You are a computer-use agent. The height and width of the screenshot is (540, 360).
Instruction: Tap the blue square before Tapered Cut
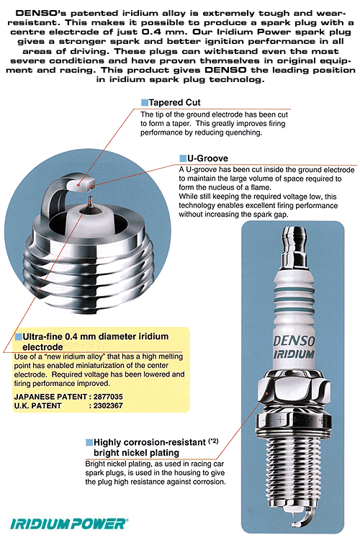point(144,102)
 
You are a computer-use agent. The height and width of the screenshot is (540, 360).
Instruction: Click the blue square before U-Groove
point(183,158)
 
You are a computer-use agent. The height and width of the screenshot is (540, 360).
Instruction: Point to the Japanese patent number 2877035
point(110,396)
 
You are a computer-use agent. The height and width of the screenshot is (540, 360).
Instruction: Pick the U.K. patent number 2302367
point(110,405)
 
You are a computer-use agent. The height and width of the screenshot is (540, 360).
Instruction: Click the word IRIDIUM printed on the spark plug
point(294,354)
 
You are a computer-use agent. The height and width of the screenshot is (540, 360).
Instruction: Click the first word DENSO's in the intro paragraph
point(33,14)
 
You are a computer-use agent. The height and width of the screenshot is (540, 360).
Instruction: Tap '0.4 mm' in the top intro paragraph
point(220,34)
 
